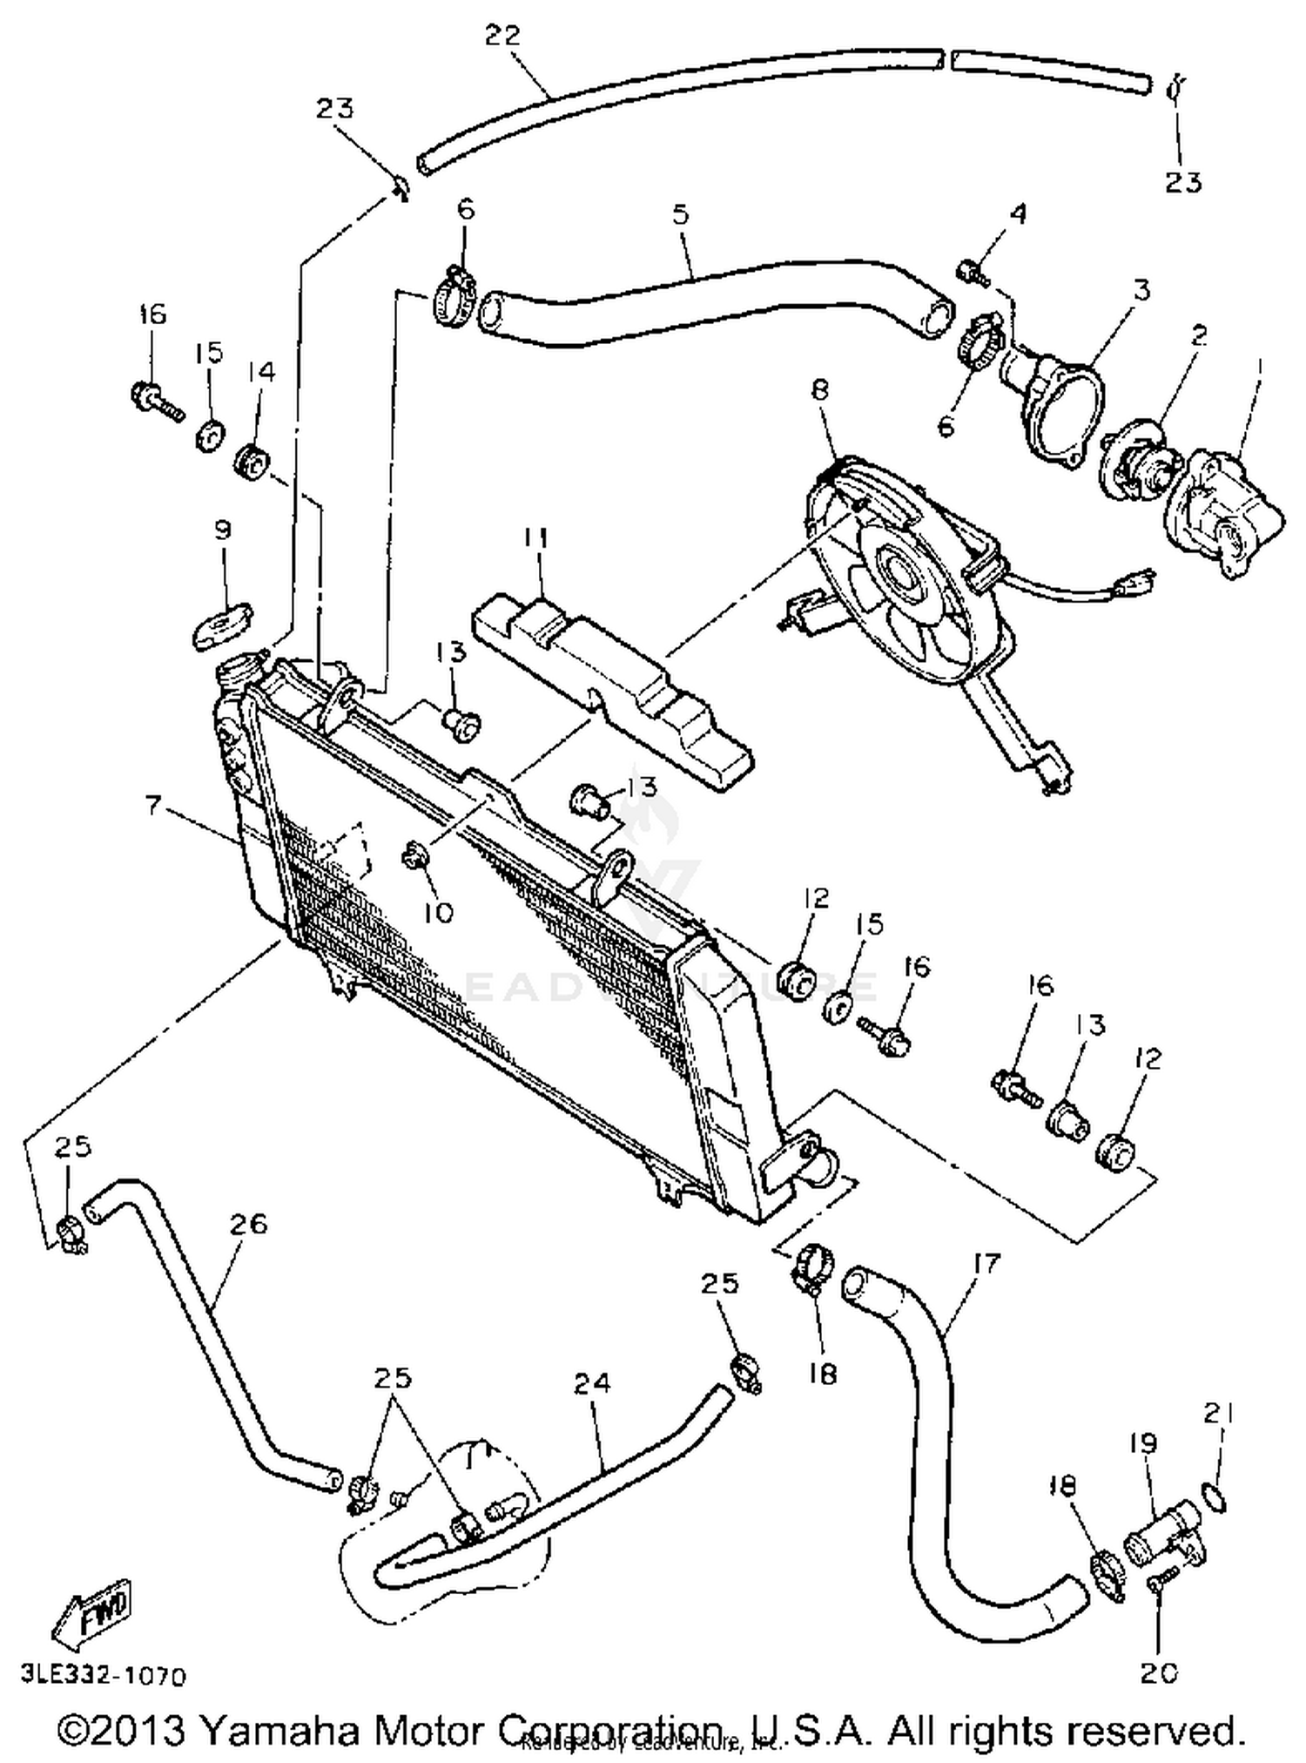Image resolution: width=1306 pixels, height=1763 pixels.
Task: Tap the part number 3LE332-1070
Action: pos(104,1676)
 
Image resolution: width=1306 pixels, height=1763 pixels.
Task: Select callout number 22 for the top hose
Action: pos(502,36)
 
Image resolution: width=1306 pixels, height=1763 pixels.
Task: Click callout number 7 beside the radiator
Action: pos(153,806)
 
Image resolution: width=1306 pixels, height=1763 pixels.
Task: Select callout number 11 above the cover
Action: pos(535,538)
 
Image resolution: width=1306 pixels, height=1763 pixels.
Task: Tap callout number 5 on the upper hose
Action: pos(680,213)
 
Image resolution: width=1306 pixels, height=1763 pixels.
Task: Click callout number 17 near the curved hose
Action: pos(986,1262)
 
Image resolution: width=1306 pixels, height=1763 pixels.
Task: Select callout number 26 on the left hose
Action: pos(248,1224)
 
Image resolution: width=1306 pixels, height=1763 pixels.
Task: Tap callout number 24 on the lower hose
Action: pos(592,1382)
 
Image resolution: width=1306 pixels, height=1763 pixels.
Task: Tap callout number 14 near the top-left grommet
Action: pos(261,371)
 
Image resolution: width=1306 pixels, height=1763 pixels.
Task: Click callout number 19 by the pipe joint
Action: pos(1143,1443)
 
